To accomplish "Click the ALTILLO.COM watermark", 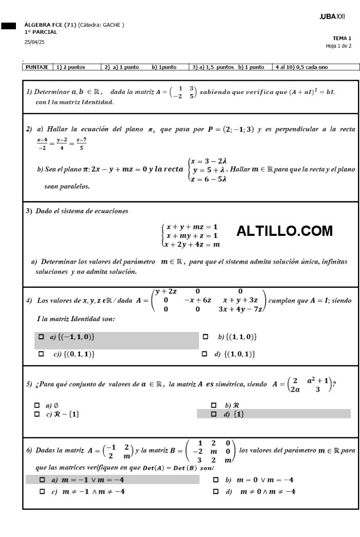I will pyautogui.click(x=284, y=231).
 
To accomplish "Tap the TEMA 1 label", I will pyautogui.click(x=342, y=39).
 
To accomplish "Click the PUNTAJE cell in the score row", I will pyautogui.click(x=37, y=67).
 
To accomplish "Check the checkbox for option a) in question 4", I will pyautogui.click(x=42, y=337).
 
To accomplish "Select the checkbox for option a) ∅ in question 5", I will pyautogui.click(x=37, y=405).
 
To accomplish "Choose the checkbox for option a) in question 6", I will pyautogui.click(x=42, y=479).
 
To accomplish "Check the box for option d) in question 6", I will pyautogui.click(x=216, y=491).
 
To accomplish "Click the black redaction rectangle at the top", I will pyautogui.click(x=9, y=25).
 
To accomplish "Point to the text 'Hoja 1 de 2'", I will pyautogui.click(x=339, y=46).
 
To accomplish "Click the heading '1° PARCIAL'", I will pyautogui.click(x=41, y=32).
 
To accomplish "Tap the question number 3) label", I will pyautogui.click(x=29, y=211).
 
